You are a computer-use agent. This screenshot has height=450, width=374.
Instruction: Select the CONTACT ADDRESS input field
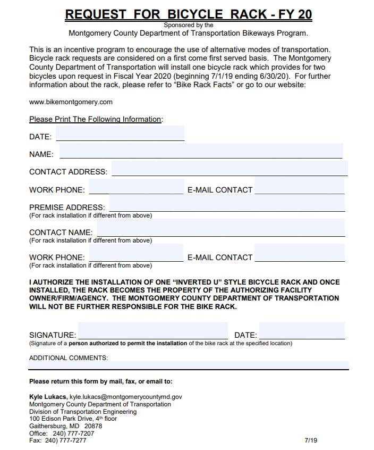click(229, 169)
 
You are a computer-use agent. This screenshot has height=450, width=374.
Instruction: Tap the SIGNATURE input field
click(154, 331)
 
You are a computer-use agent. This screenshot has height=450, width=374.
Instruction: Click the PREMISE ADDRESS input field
click(227, 204)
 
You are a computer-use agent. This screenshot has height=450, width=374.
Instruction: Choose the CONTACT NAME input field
click(220, 229)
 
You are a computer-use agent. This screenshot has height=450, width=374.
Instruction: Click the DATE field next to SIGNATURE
click(302, 331)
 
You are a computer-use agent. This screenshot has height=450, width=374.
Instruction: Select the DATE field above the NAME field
click(120, 134)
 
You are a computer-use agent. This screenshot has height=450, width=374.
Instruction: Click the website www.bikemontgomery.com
click(71, 102)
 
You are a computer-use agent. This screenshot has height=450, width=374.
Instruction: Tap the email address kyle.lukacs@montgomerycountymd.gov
click(126, 397)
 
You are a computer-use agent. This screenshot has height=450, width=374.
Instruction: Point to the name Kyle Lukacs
click(48, 397)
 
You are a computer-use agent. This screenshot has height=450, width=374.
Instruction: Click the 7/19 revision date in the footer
click(311, 440)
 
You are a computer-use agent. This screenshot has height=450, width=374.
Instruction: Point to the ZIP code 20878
click(93, 426)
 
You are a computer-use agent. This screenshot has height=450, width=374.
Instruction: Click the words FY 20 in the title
click(295, 14)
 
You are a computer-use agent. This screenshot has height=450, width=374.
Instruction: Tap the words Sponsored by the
click(189, 25)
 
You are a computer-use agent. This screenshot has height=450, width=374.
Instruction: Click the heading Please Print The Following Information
click(96, 119)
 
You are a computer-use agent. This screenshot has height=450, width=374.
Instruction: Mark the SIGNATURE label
click(53, 335)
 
